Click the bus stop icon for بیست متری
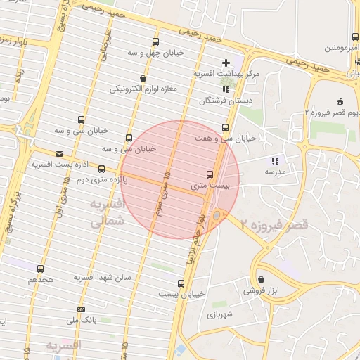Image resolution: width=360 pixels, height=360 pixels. point(210,174)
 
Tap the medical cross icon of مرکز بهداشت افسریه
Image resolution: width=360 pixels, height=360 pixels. point(226,63)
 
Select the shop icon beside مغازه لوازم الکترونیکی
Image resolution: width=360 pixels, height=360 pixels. point(143,78)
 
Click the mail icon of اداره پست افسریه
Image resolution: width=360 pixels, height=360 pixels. point(58,153)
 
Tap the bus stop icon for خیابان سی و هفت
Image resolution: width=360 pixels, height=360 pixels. point(225,127)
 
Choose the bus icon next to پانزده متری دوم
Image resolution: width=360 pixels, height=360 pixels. point(102,169)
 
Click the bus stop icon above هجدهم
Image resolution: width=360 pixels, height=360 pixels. point(40,269)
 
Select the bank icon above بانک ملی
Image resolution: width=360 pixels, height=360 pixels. point(81,309)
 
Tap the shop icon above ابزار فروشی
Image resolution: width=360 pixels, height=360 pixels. point(261,279)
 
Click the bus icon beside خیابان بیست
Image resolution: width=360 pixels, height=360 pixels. point(181,283)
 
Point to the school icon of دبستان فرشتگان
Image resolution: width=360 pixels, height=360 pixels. point(225,90)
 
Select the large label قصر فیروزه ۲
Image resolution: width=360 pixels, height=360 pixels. point(274,225)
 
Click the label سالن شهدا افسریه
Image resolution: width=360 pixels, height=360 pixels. point(103,277)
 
